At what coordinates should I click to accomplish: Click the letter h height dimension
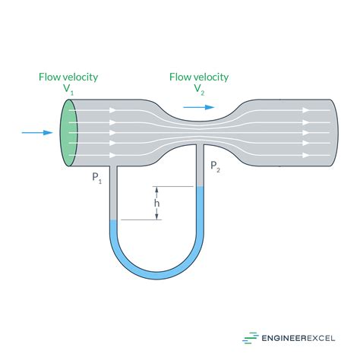tap(157, 204)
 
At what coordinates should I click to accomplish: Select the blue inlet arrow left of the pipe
tap(35, 133)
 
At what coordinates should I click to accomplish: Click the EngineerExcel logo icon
tap(250, 339)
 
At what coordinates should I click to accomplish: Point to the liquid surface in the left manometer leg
tap(114, 221)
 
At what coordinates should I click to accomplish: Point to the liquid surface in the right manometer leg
tap(201, 188)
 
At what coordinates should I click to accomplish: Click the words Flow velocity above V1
tap(69, 76)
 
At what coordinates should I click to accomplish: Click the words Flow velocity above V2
tap(199, 76)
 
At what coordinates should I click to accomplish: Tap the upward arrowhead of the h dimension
tap(157, 190)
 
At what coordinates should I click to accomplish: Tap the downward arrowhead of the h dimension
tap(157, 217)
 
